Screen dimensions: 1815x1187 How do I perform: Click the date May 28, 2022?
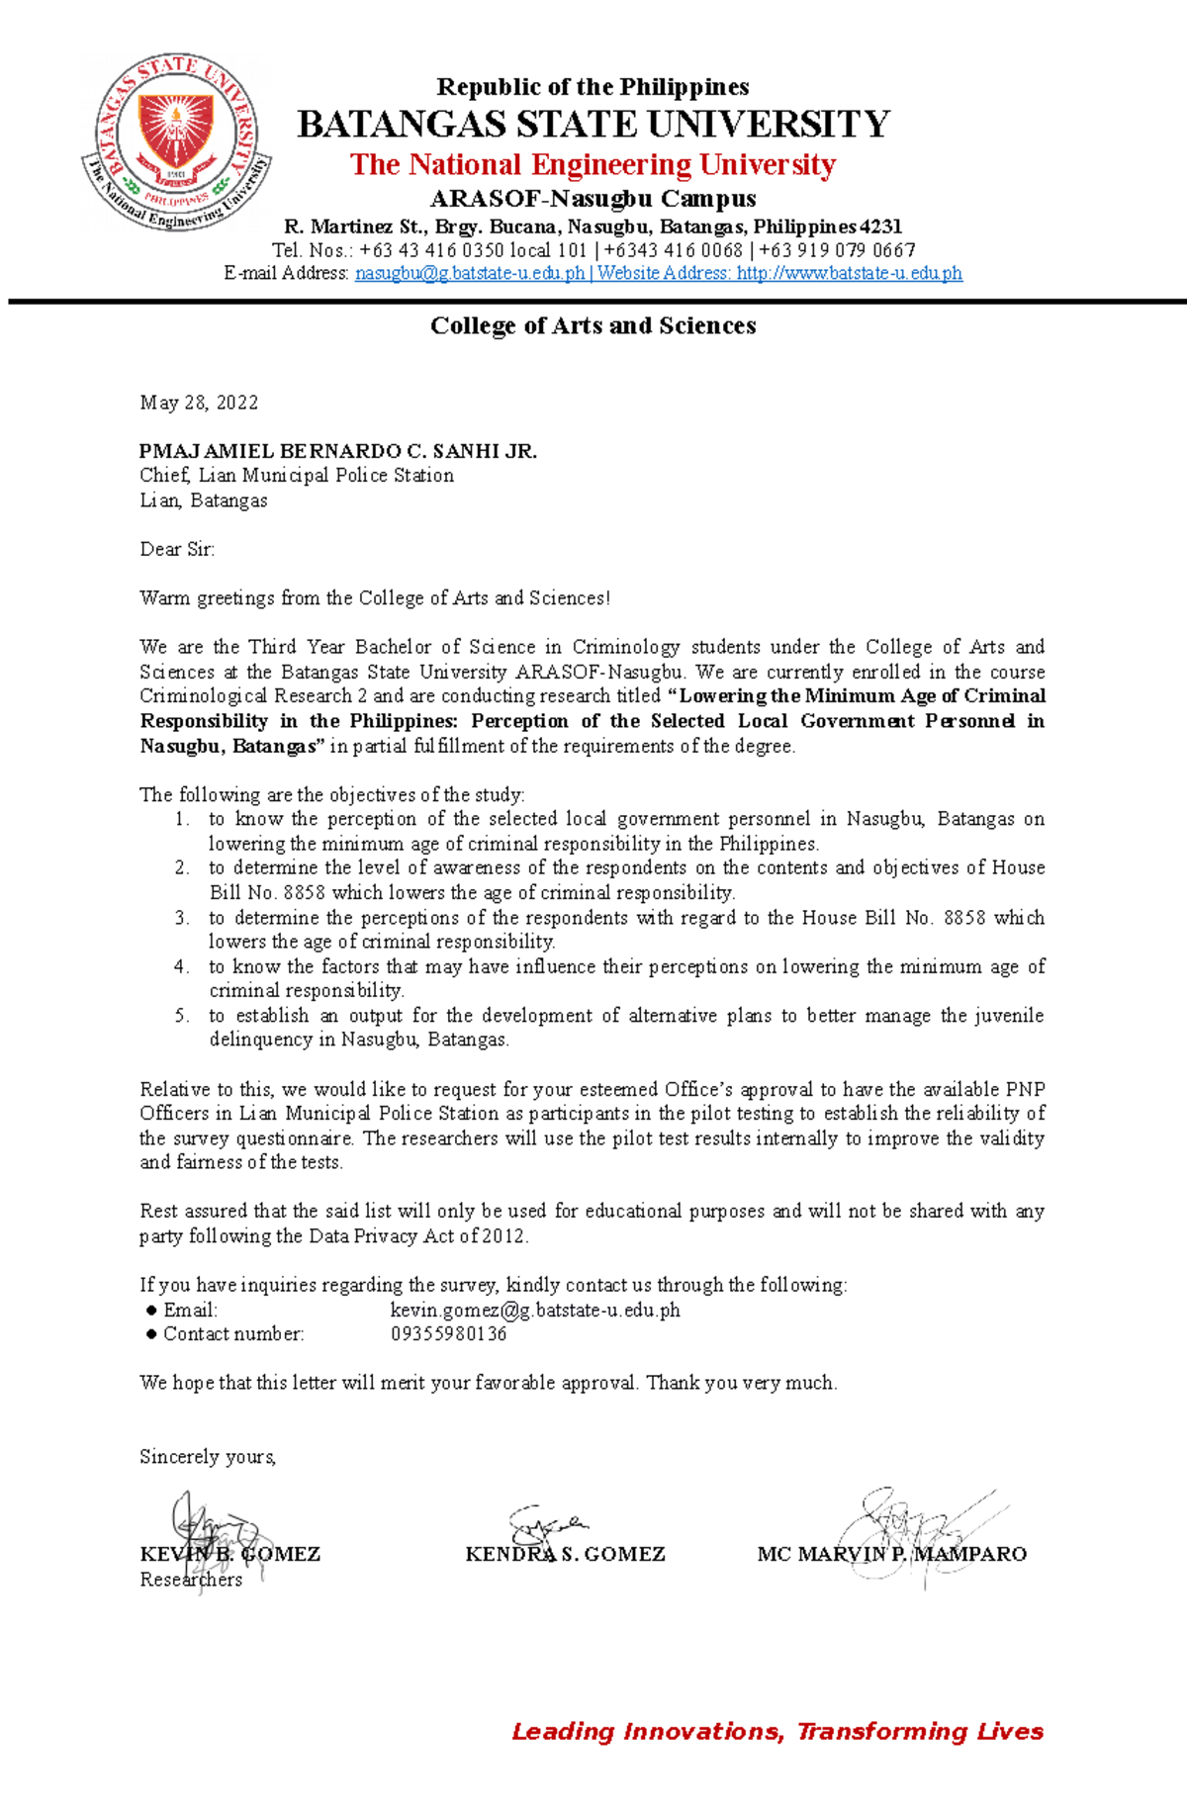(x=199, y=403)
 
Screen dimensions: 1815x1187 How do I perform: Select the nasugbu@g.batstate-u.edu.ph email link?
(x=470, y=274)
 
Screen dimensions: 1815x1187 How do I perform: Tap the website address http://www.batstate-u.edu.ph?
(x=849, y=274)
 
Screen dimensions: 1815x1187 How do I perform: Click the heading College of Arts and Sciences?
(x=593, y=326)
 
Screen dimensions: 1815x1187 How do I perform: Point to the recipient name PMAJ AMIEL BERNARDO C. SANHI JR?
(x=338, y=452)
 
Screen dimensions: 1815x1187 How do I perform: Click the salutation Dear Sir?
(x=177, y=550)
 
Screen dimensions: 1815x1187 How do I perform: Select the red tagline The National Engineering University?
(x=593, y=165)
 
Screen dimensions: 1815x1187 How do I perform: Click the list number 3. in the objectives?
(x=182, y=918)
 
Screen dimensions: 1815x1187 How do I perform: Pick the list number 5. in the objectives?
(x=182, y=1016)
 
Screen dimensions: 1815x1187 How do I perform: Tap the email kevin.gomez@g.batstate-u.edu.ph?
(x=535, y=1311)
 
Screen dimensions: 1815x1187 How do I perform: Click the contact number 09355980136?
(x=448, y=1334)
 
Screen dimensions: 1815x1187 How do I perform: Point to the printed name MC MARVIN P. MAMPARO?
(x=891, y=1555)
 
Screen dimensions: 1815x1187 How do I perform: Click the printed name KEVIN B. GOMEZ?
(x=230, y=1555)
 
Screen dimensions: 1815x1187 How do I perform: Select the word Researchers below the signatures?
(x=191, y=1581)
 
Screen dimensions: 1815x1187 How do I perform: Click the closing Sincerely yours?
(x=208, y=1457)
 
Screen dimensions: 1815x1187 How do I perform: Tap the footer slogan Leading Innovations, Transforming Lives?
(x=777, y=1732)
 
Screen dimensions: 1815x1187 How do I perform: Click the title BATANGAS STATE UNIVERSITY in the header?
(x=593, y=125)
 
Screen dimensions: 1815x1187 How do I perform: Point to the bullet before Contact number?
(x=151, y=1334)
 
